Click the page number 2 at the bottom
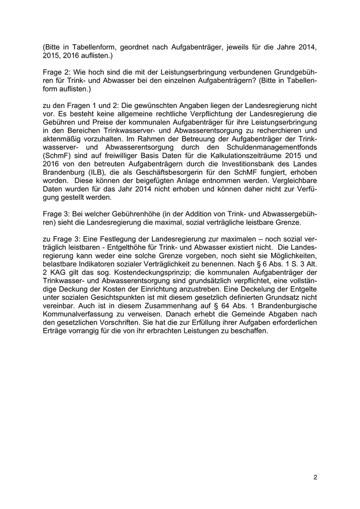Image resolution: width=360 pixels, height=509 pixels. (315, 478)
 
